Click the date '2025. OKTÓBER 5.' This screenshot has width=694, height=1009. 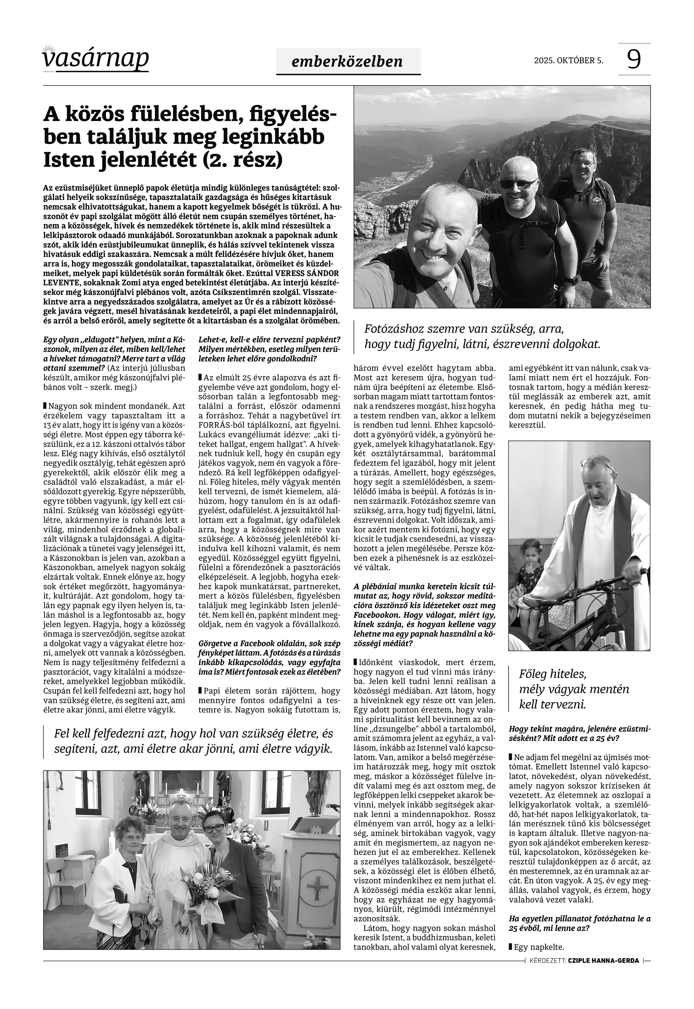click(568, 60)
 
